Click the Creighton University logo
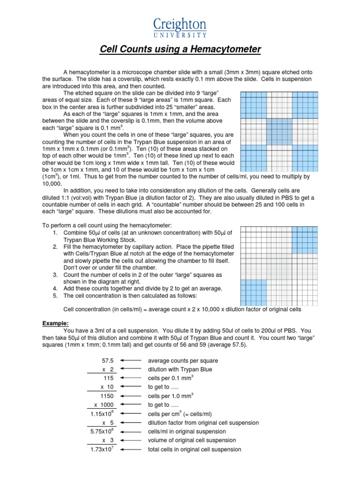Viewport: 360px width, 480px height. click(180, 28)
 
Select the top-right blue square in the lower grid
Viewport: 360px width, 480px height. click(305, 240)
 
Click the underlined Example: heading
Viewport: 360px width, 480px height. click(55, 323)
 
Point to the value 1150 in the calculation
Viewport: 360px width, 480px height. click(107, 396)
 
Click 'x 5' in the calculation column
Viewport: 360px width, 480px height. click(106, 423)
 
